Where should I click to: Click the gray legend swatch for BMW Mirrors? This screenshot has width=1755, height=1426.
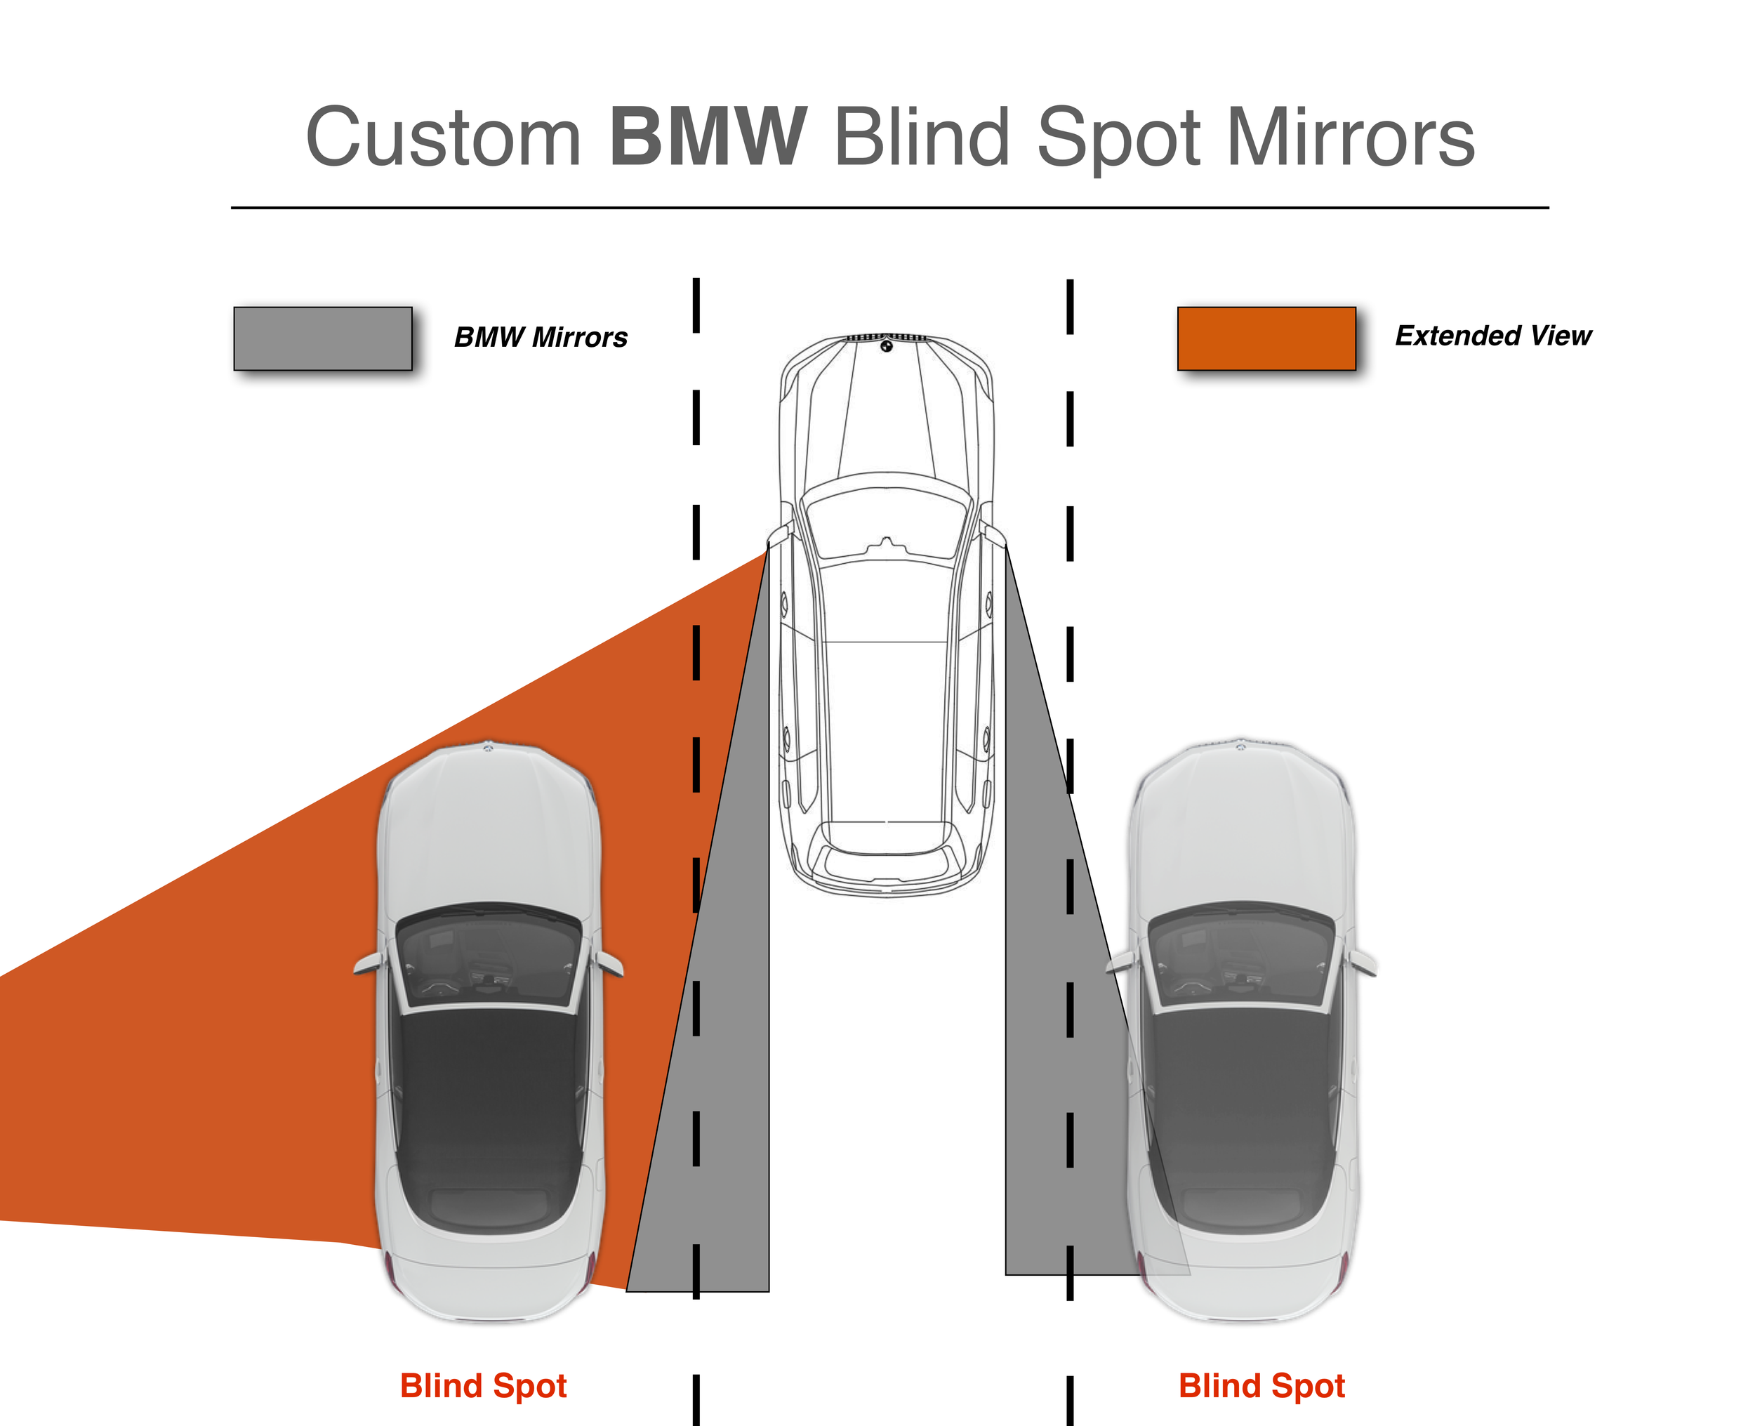[323, 338]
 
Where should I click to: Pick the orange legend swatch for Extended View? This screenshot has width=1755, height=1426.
[1266, 338]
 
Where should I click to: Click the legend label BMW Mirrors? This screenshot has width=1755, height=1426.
[541, 337]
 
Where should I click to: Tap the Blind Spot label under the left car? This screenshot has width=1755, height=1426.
[483, 1386]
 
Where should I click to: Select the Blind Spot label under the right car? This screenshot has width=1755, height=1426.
[1261, 1386]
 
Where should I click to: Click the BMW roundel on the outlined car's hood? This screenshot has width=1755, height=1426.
[886, 347]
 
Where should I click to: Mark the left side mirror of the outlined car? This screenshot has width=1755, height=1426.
[779, 534]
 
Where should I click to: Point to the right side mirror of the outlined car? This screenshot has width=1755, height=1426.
[993, 534]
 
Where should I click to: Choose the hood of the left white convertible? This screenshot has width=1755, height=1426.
[489, 830]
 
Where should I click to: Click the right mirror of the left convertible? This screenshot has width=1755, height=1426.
[609, 963]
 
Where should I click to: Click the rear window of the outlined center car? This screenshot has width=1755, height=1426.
[886, 838]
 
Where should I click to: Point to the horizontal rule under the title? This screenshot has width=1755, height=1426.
[889, 208]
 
